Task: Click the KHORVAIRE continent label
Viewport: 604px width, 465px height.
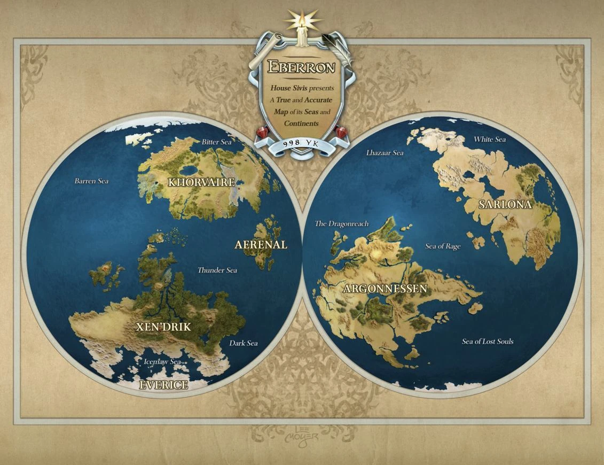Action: point(201,182)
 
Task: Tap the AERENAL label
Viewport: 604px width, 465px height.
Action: point(261,245)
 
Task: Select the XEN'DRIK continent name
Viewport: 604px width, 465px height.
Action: point(163,327)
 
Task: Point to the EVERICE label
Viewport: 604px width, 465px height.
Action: point(163,385)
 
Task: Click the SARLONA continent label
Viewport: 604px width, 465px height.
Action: point(505,205)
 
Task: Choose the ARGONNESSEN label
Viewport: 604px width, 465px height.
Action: point(385,289)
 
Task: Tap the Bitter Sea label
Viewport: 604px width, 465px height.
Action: point(217,142)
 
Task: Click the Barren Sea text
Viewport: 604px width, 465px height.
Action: point(91,181)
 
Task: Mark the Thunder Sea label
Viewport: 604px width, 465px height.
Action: point(217,270)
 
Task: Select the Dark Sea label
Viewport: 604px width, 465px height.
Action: point(244,343)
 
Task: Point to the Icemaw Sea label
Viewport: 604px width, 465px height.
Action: point(162,362)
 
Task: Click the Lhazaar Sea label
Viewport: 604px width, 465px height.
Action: point(385,153)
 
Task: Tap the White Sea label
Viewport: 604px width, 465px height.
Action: point(489,139)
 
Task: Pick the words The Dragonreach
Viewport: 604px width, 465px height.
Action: point(341,224)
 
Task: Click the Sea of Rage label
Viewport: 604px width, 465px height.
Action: point(442,246)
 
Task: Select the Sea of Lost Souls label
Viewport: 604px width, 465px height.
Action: point(487,342)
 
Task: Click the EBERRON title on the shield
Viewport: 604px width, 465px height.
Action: point(302,67)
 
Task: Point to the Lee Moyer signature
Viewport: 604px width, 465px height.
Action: point(302,433)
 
